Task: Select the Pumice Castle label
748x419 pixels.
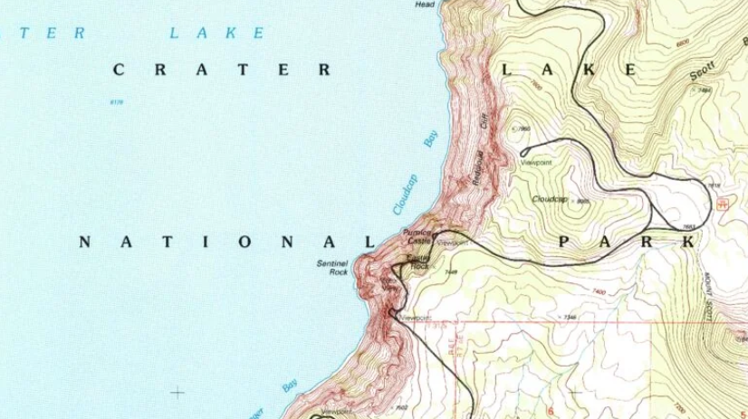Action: [417, 237]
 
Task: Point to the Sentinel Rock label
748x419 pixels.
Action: [332, 267]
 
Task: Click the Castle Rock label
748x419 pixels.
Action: [417, 262]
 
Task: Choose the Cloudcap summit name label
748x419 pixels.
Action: [550, 199]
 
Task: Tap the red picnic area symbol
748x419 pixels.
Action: [722, 204]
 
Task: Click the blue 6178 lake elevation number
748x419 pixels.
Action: [115, 102]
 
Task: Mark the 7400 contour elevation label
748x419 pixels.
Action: [598, 291]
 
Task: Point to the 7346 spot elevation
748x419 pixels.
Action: [569, 317]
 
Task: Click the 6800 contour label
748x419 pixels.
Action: [682, 43]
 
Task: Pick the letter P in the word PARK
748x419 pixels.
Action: [565, 242]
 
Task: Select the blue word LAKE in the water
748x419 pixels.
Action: [217, 33]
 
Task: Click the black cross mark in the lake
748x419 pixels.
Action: [177, 393]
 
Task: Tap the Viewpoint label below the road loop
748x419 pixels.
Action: [536, 162]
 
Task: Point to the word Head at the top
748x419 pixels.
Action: [425, 5]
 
